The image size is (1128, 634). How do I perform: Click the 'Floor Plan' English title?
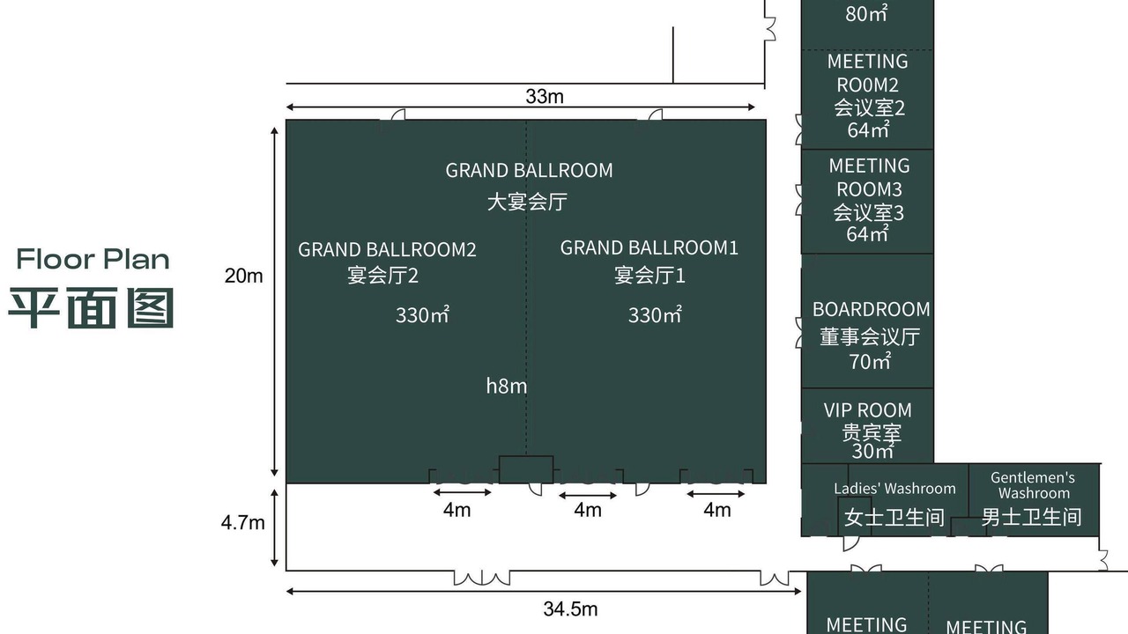(93, 259)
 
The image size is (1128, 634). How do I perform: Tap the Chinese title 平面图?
(92, 308)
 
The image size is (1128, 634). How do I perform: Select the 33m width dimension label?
(545, 96)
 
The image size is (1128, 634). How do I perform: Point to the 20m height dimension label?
(244, 276)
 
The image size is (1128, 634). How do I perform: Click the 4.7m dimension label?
(242, 523)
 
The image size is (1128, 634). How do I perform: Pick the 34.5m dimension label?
(570, 609)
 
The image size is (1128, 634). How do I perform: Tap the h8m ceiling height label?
(507, 386)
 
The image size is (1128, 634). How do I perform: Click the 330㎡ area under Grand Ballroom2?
(422, 315)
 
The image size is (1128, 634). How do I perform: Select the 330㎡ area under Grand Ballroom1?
(655, 315)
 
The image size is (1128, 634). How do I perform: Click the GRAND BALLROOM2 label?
(387, 249)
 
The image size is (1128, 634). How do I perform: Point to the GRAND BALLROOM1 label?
(649, 247)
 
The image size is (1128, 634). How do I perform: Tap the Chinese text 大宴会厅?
(527, 202)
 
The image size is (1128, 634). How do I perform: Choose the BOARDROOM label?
(872, 309)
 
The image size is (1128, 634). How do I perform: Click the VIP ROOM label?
(868, 410)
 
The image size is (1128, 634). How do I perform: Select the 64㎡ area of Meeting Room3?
(867, 234)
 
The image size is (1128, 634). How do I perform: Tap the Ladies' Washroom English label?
(894, 488)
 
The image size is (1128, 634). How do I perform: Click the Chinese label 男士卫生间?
(1031, 517)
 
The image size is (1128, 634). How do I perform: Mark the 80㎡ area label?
(866, 13)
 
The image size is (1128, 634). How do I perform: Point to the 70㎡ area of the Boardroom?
(870, 361)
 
